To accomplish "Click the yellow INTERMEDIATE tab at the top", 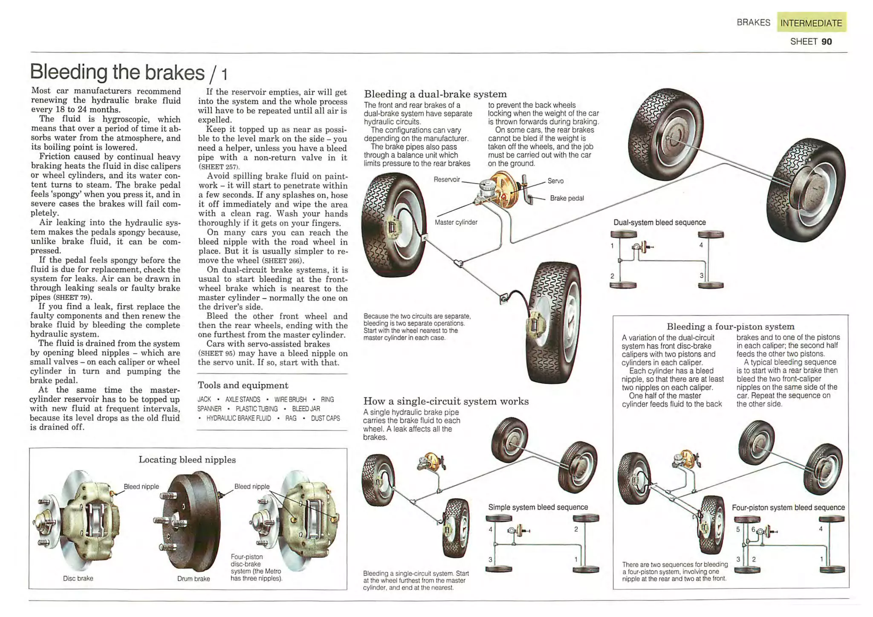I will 811,23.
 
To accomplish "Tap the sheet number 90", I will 827,42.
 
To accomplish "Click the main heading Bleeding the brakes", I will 117,72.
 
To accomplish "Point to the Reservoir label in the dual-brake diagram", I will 446,180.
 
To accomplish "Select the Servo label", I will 555,181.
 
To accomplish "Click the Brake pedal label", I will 567,198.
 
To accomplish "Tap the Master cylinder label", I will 456,222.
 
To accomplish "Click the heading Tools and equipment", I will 243,385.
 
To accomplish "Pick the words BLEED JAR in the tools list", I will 306,409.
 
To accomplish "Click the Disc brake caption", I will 78,579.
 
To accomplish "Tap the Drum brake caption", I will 194,579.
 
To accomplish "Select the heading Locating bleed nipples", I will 187,460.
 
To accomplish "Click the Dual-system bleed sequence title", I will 659,223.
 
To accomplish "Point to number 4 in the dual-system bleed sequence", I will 701,245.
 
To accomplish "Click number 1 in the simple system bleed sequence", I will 576,559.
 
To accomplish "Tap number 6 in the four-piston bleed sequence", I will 753,529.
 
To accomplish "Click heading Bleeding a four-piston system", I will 730,327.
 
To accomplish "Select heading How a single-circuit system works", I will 445,401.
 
